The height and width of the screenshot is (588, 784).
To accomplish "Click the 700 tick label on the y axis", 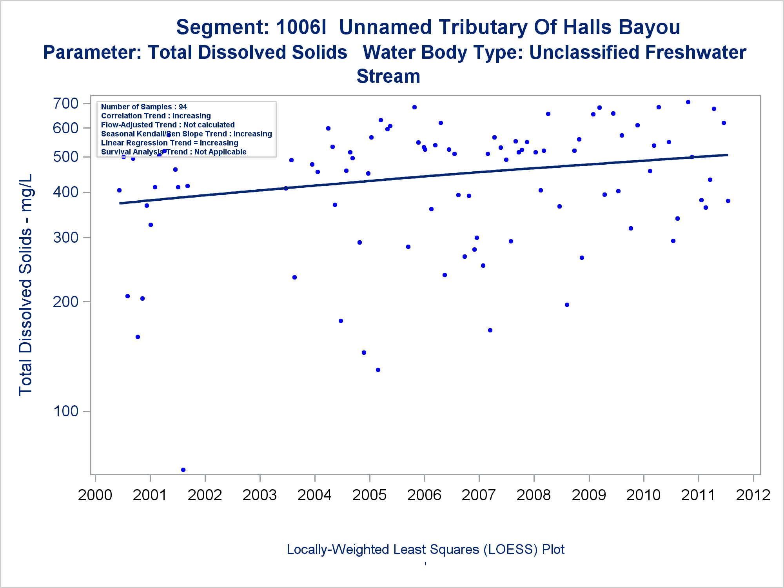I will point(66,104).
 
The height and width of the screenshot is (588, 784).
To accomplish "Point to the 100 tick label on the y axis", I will point(66,411).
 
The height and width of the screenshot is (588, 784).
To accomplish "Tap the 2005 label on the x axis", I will point(369,495).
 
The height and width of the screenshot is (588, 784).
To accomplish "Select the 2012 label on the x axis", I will point(753,495).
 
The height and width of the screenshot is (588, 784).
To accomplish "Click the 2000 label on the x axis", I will point(95,495).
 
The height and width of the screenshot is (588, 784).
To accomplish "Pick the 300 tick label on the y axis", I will point(66,238).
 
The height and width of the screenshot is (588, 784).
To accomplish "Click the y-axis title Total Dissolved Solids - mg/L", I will point(26,285).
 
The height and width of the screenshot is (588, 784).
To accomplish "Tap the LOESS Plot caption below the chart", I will point(425,550).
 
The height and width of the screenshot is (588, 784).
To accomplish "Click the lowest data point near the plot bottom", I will point(183,470).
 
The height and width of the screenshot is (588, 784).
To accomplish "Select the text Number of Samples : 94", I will point(144,107).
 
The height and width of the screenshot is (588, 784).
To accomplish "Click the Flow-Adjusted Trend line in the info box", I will point(168,125).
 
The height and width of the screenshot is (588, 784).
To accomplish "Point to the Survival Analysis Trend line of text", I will point(174,152).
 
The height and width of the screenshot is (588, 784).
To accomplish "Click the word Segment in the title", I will point(222,27).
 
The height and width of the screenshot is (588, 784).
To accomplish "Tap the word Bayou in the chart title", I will point(648,27).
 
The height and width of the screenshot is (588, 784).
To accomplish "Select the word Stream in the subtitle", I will point(388,76).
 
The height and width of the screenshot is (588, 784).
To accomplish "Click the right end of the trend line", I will point(727,155).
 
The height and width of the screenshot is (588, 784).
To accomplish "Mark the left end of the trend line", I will point(120,203).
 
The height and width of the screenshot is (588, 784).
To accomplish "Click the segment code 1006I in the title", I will point(301,27).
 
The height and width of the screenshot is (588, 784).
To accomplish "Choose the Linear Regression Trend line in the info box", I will point(169,143).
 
